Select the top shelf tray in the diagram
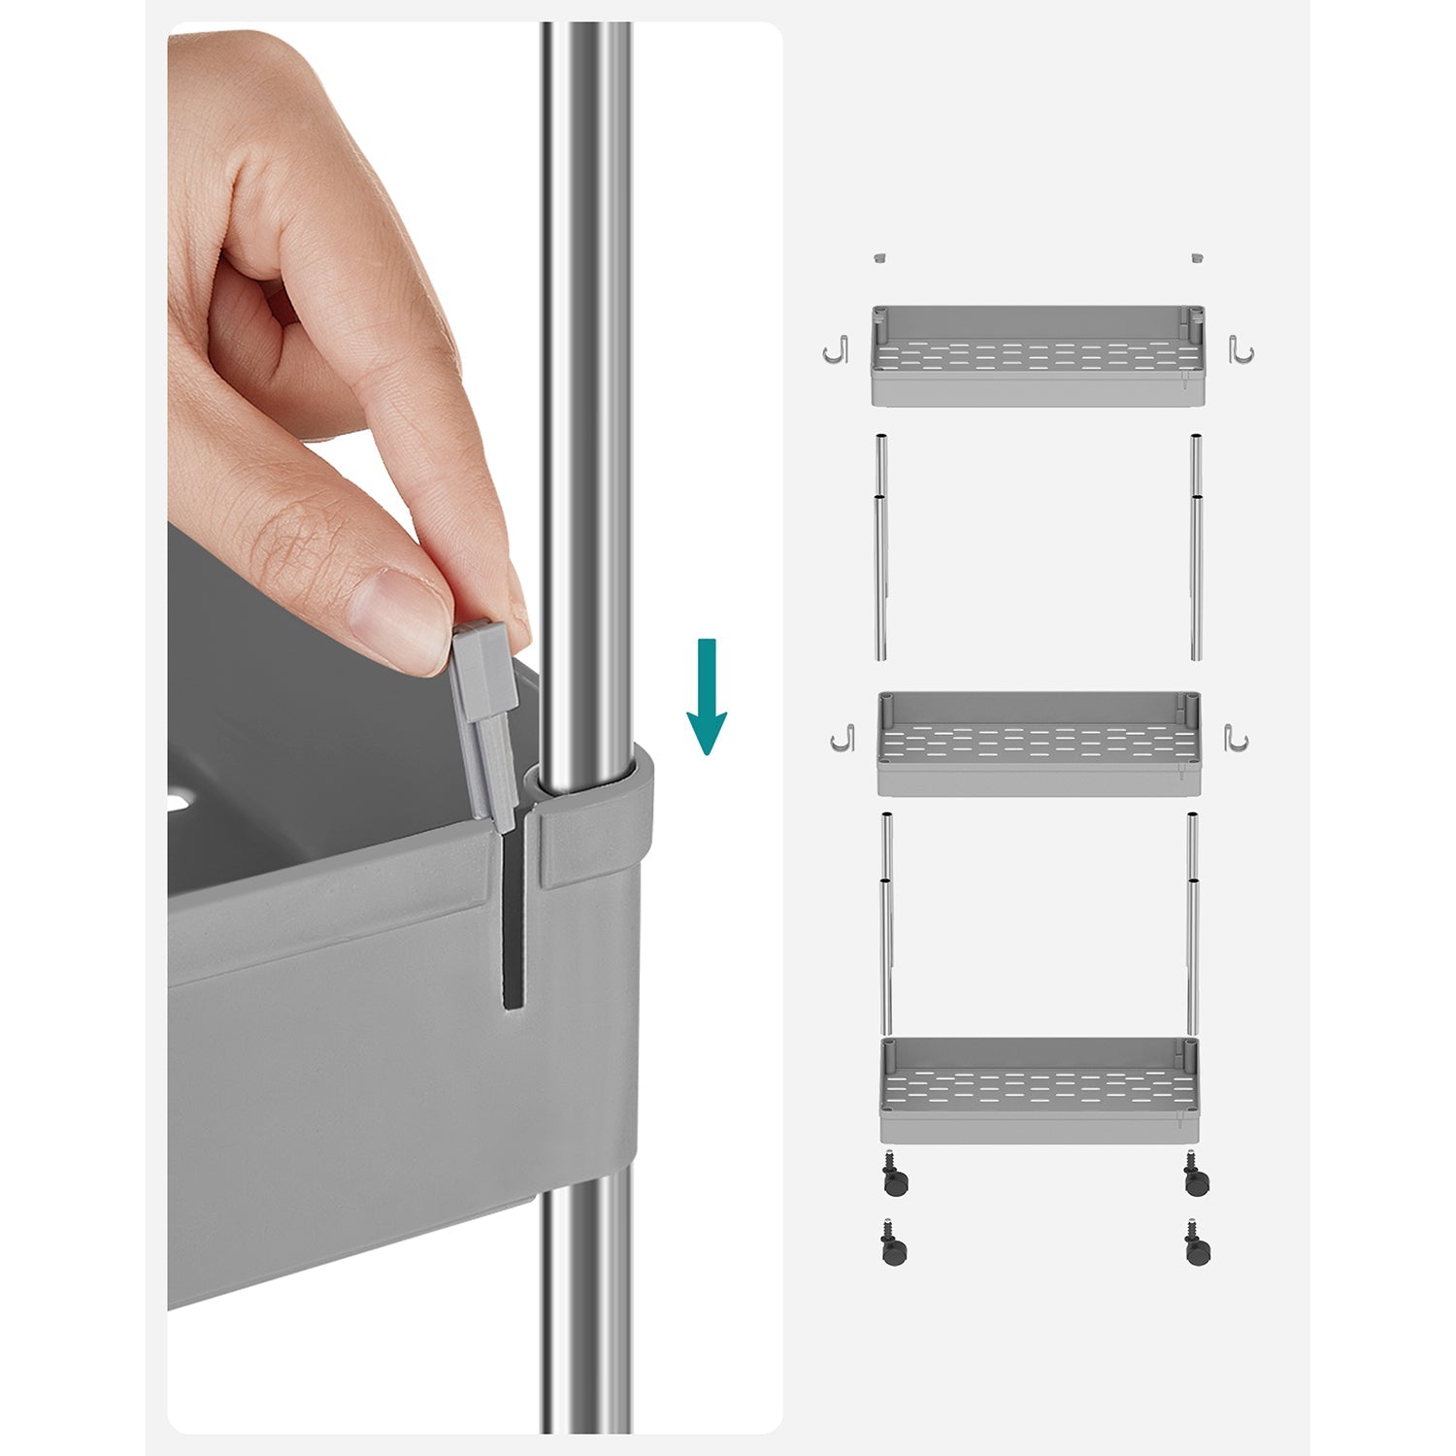pos(1038,356)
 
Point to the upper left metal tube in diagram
pos(881,547)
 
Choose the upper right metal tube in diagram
pos(1197,547)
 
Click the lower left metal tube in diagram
pos(886,922)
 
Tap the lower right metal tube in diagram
pos(1192,922)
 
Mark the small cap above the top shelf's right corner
pos(1196,257)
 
